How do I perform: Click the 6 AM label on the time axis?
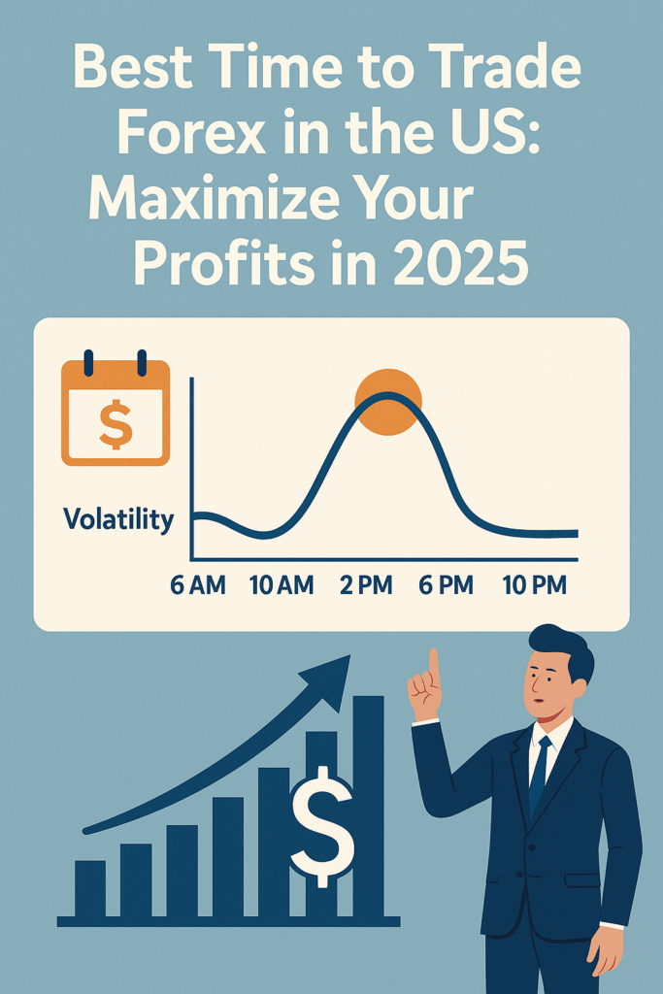(198, 585)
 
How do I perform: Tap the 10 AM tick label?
(282, 585)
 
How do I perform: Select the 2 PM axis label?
(366, 585)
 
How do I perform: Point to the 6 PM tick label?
(446, 585)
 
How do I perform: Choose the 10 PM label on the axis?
(534, 585)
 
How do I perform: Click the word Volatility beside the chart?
(118, 519)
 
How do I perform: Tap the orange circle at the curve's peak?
(388, 402)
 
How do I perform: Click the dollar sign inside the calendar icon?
(116, 424)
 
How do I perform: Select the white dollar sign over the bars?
(322, 827)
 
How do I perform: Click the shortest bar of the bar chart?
(90, 889)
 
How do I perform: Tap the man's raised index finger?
(434, 669)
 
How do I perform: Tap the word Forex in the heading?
(191, 134)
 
